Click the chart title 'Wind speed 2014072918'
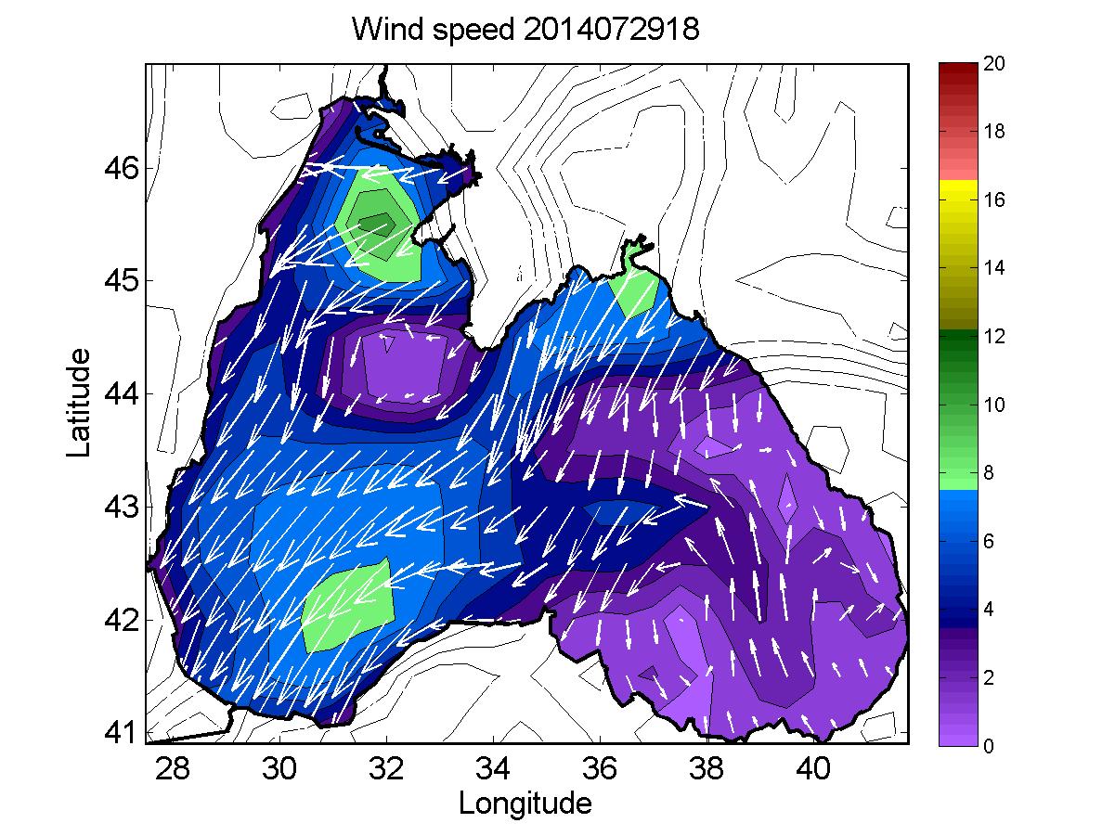tap(525, 31)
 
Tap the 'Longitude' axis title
tap(525, 803)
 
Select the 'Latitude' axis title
tap(81, 401)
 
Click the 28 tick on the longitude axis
tap(172, 766)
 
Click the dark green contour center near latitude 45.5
tap(375, 223)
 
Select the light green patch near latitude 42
tap(350, 605)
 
